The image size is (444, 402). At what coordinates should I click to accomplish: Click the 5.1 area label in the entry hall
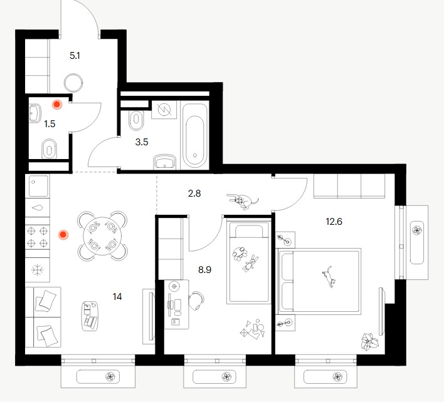click(x=75, y=56)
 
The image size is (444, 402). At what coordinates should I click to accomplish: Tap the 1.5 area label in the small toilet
click(x=50, y=124)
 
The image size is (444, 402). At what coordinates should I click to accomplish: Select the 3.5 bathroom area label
click(x=142, y=142)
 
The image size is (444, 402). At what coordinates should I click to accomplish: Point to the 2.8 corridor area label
click(x=194, y=193)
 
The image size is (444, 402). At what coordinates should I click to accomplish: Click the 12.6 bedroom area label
click(x=334, y=222)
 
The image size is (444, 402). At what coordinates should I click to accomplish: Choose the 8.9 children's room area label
click(x=204, y=270)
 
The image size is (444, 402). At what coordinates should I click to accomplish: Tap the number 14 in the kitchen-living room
click(x=117, y=297)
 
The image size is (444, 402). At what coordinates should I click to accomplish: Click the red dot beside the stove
click(x=63, y=235)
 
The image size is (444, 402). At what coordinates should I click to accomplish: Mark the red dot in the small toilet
click(x=57, y=105)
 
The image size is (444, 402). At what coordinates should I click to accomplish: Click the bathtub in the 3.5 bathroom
click(x=194, y=136)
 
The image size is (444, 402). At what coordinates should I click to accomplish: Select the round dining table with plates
click(x=102, y=236)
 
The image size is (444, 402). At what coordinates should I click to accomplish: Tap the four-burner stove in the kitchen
click(x=38, y=237)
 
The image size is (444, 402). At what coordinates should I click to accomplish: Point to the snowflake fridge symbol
click(x=38, y=270)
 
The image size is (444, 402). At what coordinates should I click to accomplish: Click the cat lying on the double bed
click(x=329, y=277)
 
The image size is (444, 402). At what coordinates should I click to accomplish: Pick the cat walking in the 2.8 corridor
click(x=243, y=201)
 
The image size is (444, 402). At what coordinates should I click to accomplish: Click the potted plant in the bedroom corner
click(x=369, y=341)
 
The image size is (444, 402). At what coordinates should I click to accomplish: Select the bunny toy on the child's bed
click(x=250, y=263)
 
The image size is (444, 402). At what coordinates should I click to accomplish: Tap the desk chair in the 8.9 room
click(x=196, y=301)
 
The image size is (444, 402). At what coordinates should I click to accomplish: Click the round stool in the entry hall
click(x=73, y=83)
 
